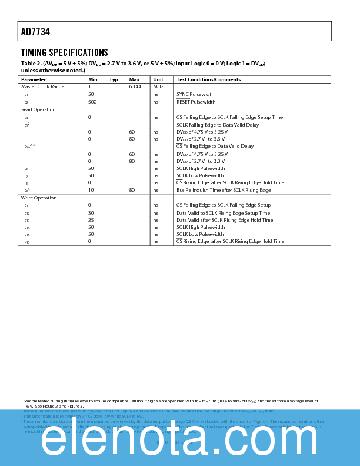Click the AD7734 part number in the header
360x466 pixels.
[x=35, y=31]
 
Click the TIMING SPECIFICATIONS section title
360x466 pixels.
[x=65, y=52]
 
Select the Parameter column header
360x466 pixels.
[x=34, y=79]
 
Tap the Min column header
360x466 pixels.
[x=93, y=79]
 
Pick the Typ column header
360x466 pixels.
[x=114, y=79]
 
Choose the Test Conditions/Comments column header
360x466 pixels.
[x=208, y=79]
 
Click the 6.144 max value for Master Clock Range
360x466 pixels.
[x=135, y=86]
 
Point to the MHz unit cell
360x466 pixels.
[x=158, y=86]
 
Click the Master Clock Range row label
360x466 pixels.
[x=43, y=86]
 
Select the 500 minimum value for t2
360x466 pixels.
[x=92, y=102]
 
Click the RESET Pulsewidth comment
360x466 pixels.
[x=196, y=102]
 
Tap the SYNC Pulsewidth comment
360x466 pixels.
[x=195, y=94]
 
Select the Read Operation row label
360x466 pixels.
[x=38, y=109]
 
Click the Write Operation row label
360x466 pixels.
[x=39, y=198]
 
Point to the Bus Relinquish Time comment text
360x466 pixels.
[x=224, y=190]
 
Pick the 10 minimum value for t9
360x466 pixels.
[x=91, y=190]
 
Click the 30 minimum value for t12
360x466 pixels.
[x=91, y=213]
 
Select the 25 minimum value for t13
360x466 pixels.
[x=91, y=220]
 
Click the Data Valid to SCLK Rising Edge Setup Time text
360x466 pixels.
[x=223, y=213]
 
